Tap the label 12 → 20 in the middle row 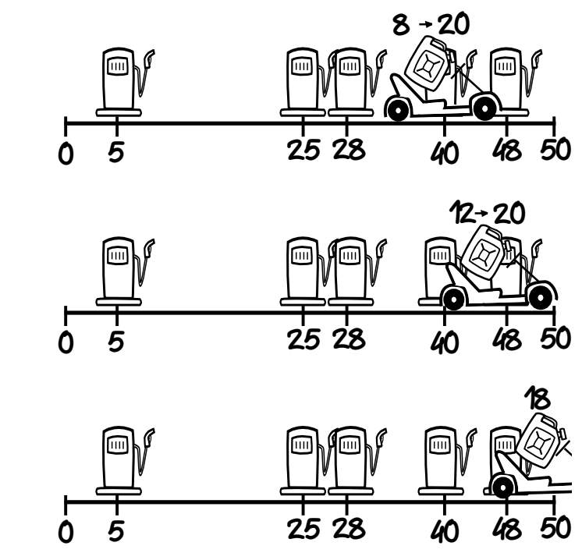(x=488, y=211)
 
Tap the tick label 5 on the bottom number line (x=115, y=530)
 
